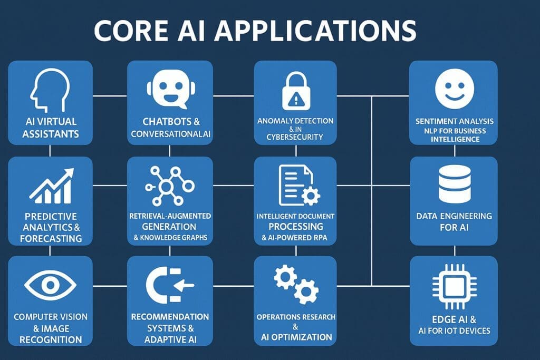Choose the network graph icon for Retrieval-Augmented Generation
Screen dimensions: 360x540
(x=170, y=186)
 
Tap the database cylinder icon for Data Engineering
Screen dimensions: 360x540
(x=454, y=184)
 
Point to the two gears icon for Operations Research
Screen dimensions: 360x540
(x=296, y=285)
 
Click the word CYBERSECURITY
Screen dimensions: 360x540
(x=295, y=138)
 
